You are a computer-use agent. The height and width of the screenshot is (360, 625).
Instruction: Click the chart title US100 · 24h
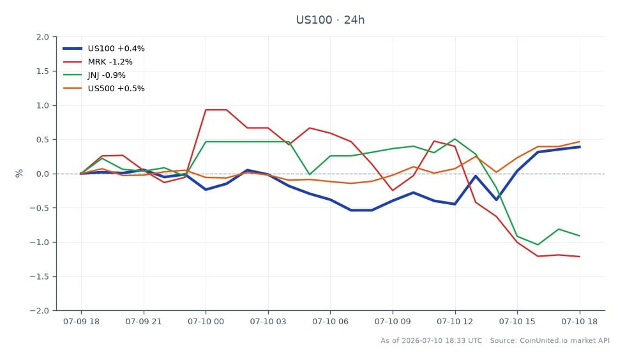click(330, 20)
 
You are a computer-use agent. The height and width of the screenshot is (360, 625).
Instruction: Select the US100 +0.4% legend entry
click(103, 49)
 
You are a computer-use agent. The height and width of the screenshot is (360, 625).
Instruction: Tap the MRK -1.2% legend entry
click(98, 62)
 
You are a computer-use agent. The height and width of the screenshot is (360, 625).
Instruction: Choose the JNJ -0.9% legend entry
click(94, 75)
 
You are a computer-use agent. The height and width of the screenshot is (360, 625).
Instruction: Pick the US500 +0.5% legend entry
click(103, 89)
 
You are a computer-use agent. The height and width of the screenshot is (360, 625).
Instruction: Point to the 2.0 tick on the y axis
click(43, 37)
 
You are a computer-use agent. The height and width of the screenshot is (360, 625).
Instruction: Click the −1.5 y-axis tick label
click(40, 276)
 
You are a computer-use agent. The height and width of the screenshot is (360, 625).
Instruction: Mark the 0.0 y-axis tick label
click(43, 174)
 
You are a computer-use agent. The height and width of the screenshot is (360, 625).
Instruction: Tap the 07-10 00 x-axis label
click(206, 322)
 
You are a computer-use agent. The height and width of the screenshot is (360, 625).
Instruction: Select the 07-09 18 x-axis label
click(81, 322)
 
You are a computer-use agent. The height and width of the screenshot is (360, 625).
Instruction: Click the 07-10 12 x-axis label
click(455, 322)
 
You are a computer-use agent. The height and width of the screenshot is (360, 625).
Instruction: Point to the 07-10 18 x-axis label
click(580, 322)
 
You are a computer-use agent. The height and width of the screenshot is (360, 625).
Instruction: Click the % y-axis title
click(19, 174)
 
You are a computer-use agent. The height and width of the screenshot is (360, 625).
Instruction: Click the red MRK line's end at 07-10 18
click(580, 257)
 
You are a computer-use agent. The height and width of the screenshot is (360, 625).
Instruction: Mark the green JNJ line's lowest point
click(538, 244)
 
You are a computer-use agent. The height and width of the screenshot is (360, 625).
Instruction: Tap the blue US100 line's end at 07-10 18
click(580, 147)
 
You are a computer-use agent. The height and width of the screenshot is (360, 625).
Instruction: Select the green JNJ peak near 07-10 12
click(455, 139)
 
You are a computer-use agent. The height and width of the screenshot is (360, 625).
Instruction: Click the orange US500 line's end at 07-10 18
click(580, 142)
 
